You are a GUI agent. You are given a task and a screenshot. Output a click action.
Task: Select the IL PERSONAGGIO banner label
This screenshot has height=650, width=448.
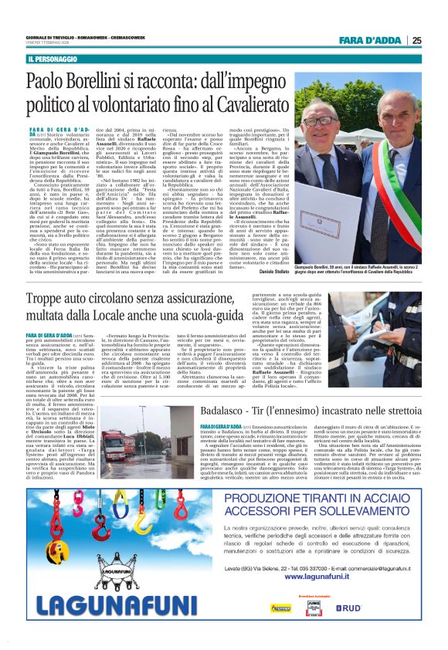[55, 59]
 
